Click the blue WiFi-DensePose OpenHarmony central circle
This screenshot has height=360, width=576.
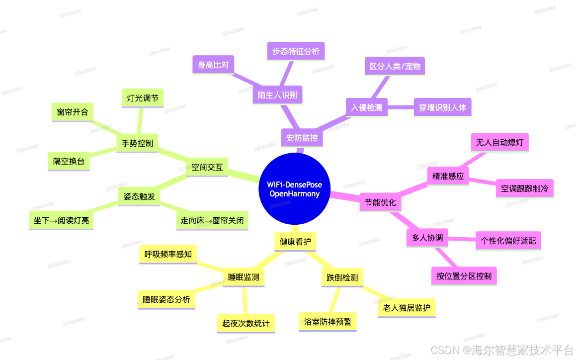294,188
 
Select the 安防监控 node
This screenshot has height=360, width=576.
302,138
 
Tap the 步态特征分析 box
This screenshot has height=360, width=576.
296,51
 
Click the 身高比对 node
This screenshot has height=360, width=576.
213,65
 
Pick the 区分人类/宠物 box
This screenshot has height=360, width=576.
395,66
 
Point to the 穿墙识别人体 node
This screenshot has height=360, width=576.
443,107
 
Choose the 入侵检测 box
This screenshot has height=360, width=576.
367,107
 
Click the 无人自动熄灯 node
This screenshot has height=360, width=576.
500,142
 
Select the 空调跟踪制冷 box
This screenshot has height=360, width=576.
525,188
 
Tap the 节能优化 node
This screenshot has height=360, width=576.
380,202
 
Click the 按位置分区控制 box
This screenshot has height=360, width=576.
464,276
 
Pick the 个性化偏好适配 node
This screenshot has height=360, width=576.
508,241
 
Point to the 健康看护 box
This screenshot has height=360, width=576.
295,242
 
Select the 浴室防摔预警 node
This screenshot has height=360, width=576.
328,322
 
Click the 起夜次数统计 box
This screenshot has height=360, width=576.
246,324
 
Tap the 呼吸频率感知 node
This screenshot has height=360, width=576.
168,255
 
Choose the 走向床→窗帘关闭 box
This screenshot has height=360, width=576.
212,221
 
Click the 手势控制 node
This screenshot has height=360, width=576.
137,143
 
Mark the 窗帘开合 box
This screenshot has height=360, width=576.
73,112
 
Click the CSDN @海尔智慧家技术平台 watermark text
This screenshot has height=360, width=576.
502,350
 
